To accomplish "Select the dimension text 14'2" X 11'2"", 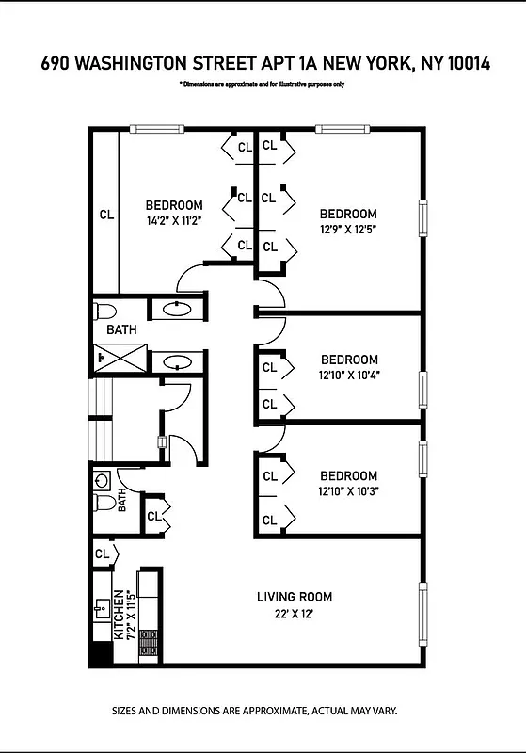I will pos(174,221).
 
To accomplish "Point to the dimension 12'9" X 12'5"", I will pos(347,229).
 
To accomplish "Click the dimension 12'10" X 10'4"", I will pos(349,375).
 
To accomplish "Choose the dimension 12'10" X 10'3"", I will pos(348,490).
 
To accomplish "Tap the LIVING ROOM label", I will pos(295,597).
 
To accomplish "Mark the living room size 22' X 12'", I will pos(295,616).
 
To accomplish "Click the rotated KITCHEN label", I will pos(119,616).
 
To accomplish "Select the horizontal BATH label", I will pos(120,330).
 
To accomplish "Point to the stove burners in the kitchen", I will pos(147,642).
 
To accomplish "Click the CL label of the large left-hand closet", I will pos(106,215).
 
